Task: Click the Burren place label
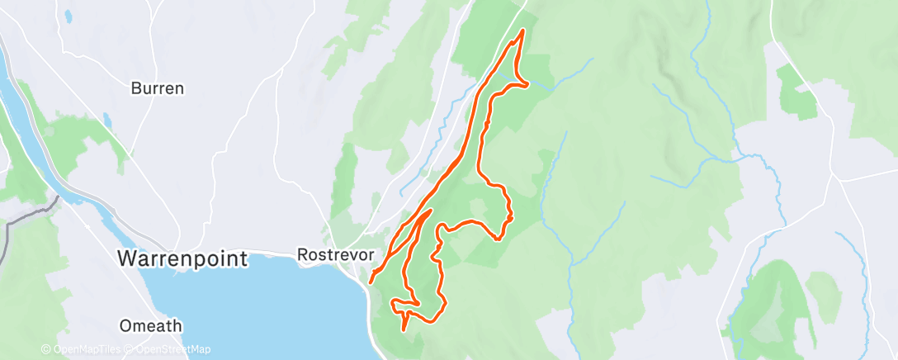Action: click(x=157, y=88)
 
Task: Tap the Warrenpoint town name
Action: click(x=182, y=258)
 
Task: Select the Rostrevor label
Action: click(x=330, y=255)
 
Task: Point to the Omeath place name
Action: click(x=150, y=325)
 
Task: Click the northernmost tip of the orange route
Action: click(x=522, y=31)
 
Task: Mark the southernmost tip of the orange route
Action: click(x=404, y=329)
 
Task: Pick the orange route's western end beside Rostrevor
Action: click(x=371, y=282)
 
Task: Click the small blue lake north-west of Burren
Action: click(x=67, y=17)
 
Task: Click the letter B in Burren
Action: click(x=136, y=88)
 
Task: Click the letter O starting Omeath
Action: click(x=125, y=325)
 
